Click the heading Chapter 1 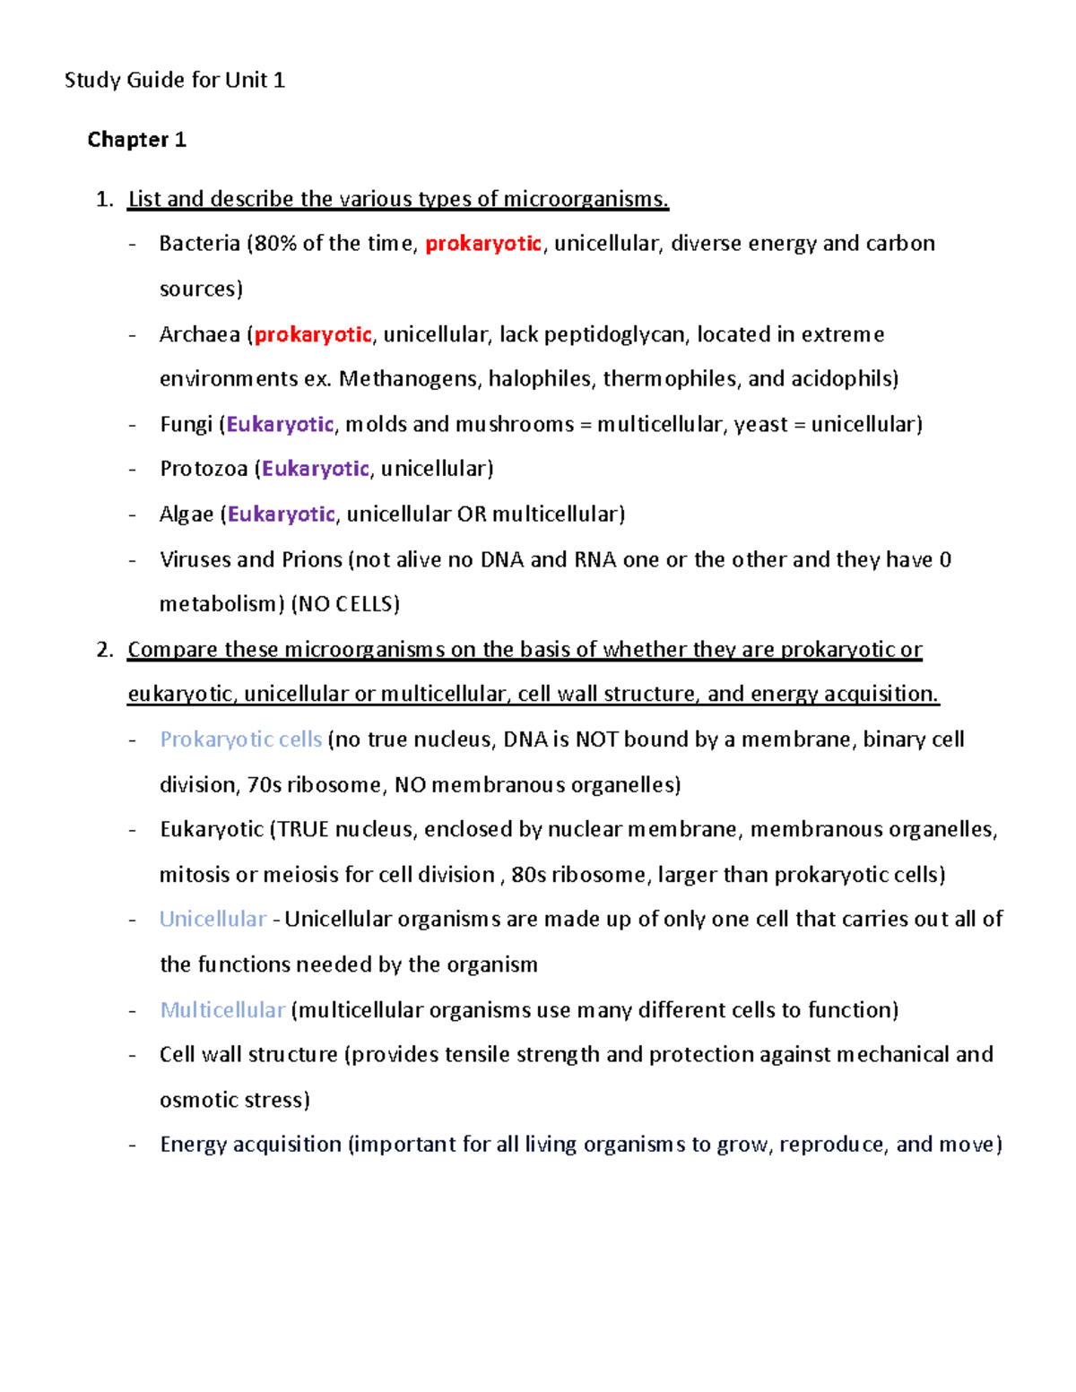pyautogui.click(x=136, y=140)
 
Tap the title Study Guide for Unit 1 pyautogui.click(x=175, y=81)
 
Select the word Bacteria pyautogui.click(x=199, y=244)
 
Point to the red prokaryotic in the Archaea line pyautogui.click(x=313, y=335)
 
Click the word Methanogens pyautogui.click(x=410, y=379)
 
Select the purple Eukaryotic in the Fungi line pyautogui.click(x=280, y=425)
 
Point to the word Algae pyautogui.click(x=187, y=514)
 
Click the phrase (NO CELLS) pyautogui.click(x=345, y=605)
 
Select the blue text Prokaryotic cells pyautogui.click(x=240, y=739)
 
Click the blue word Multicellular pyautogui.click(x=222, y=1010)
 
